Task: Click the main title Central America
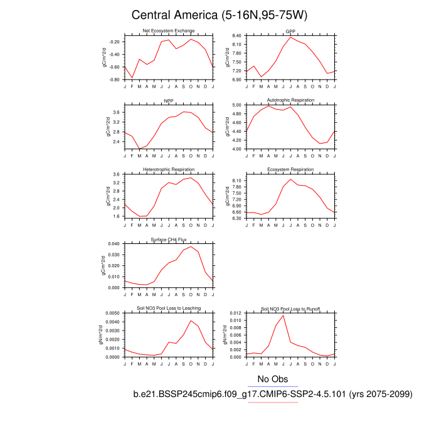coord(219,14)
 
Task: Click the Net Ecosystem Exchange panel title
coord(168,31)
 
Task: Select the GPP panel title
coord(290,31)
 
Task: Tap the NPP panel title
coord(168,100)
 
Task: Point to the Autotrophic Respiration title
coord(290,100)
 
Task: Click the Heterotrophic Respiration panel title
coord(168,170)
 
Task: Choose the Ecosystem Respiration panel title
coord(290,170)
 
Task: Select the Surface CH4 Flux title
coord(168,240)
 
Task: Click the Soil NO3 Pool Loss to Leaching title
coord(168,309)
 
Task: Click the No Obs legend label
coord(272,379)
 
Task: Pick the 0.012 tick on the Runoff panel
coord(235,313)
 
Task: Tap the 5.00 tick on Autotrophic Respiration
coord(236,105)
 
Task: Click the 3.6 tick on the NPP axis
coord(117,112)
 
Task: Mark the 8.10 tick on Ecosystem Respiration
coord(236,181)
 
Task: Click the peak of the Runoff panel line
coord(283,315)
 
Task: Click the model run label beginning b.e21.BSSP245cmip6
coord(272,394)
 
